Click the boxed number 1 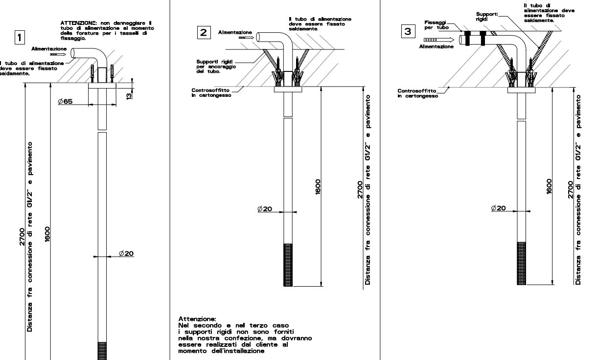pos(20,37)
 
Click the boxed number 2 pos(204,32)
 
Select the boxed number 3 pos(408,31)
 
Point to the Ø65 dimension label pos(66,101)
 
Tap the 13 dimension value pos(129,96)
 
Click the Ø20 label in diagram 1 pos(126,253)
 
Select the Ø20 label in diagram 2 pos(265,209)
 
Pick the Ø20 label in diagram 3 pos(499,208)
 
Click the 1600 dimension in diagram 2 pos(318,187)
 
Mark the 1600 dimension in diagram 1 pos(47,234)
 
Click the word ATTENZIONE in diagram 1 pos(78,23)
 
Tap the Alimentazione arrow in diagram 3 pos(439,40)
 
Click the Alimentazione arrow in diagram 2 pos(246,38)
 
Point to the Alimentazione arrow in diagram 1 pos(58,54)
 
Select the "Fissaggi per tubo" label pos(437,25)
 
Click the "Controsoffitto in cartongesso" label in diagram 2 pos(211,92)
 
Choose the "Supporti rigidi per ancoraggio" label pos(216,67)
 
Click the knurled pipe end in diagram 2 pos(288,265)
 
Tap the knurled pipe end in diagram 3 pos(521,263)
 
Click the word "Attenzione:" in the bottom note pos(197,319)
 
